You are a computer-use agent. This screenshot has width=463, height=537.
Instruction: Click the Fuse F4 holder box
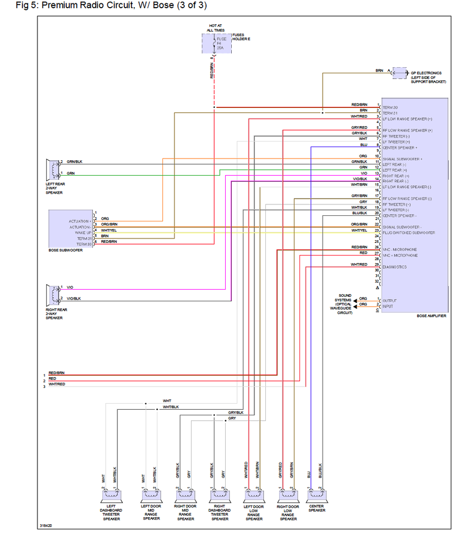tap(216, 43)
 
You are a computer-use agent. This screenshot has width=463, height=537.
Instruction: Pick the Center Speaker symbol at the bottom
tap(316, 496)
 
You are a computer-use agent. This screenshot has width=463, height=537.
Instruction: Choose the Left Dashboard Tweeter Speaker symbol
tap(110, 496)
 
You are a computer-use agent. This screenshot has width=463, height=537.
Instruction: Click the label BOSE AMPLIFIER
tap(432, 316)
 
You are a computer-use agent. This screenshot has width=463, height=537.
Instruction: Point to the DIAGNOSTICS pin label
tap(394, 267)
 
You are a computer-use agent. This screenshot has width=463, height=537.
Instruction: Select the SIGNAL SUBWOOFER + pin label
tap(402, 159)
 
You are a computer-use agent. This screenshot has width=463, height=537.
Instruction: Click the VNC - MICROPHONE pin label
tap(400, 249)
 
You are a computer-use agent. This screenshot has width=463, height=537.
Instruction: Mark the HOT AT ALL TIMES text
tap(215, 28)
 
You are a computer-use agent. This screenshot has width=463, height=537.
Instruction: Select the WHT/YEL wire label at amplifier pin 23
tap(359, 230)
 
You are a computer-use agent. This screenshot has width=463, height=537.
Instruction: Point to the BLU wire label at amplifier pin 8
tap(363, 144)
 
